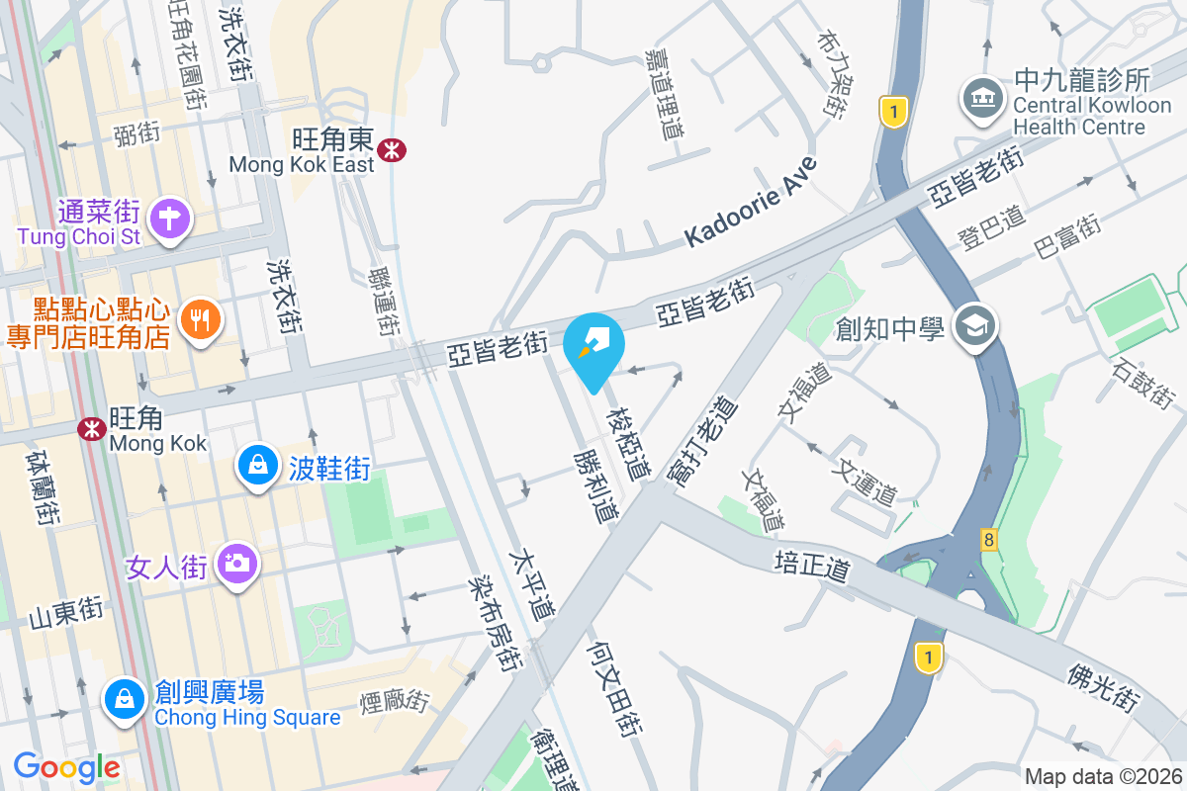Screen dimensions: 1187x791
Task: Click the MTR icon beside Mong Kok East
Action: (394, 149)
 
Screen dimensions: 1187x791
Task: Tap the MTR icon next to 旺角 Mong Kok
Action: (92, 428)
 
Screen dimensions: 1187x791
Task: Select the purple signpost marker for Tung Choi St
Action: (170, 218)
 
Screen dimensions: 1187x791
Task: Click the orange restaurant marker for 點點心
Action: (201, 318)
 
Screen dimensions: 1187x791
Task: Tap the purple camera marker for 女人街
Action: (235, 563)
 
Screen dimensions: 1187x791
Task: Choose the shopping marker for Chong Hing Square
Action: (125, 698)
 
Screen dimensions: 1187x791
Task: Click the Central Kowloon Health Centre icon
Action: (983, 98)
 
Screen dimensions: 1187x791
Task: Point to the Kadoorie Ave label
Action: (752, 202)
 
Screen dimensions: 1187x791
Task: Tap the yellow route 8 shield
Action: (988, 540)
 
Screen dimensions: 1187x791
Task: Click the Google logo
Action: (66, 766)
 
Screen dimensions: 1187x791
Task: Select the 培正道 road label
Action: (812, 569)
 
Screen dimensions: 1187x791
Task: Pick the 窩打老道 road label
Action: (702, 440)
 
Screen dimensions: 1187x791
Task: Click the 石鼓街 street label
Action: (1143, 384)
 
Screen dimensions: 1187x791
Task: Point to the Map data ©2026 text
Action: (1103, 776)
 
